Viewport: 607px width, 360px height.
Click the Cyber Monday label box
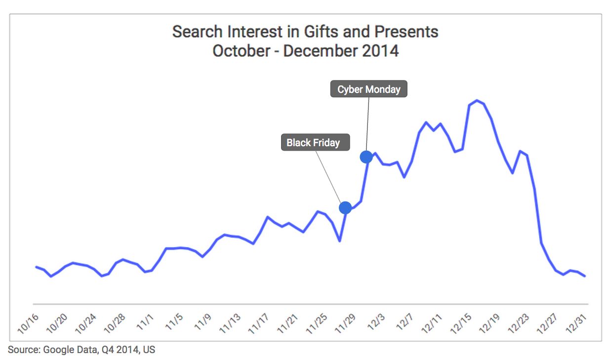(368, 89)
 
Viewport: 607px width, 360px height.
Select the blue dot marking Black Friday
(345, 207)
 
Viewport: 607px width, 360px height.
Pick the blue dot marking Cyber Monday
(366, 157)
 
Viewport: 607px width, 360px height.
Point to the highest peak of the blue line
(477, 101)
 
